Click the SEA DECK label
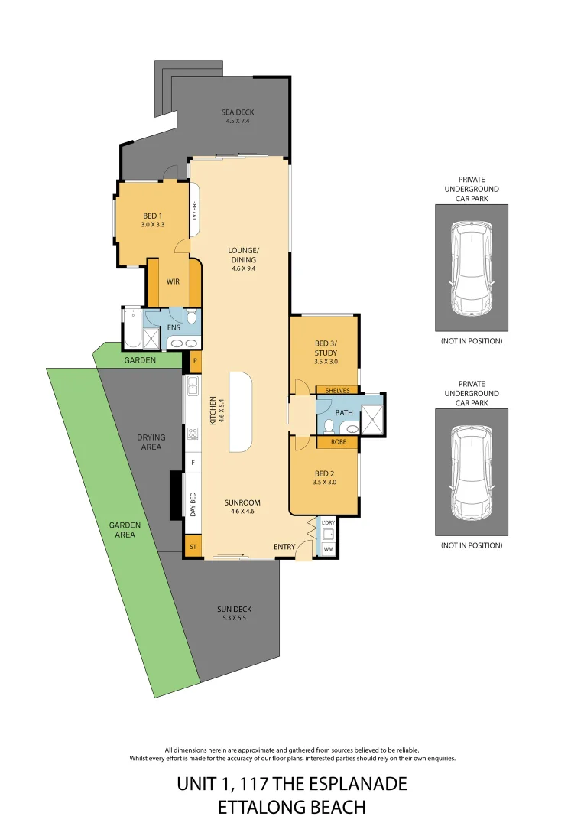[238, 112]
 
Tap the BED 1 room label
[153, 216]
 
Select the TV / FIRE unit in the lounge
[195, 210]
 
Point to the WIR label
[173, 281]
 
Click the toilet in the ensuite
[191, 317]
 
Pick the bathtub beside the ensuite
[133, 328]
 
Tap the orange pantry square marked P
[196, 360]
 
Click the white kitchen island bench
[239, 413]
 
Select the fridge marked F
[193, 463]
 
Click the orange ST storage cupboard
[193, 547]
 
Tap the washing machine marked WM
[328, 549]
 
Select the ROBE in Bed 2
[337, 442]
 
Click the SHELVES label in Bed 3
[337, 390]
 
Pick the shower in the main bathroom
[372, 418]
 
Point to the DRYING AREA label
[151, 442]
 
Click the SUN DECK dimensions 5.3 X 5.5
[234, 618]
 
